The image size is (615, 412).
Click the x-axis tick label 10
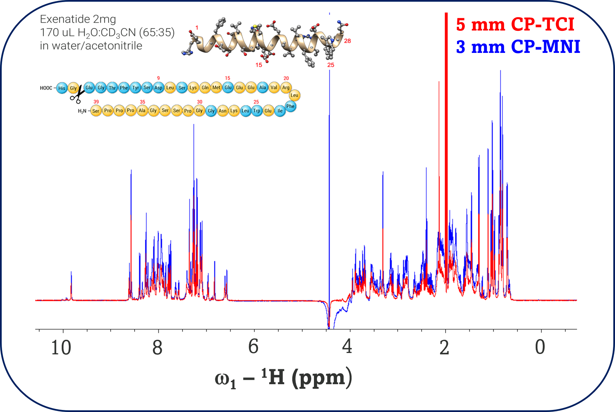click(61, 348)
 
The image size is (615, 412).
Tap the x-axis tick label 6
click(253, 347)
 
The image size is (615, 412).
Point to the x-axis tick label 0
click(540, 347)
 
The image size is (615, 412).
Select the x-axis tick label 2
click(444, 348)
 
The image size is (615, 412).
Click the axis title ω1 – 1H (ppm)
click(283, 378)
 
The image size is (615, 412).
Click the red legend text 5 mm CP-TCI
click(515, 25)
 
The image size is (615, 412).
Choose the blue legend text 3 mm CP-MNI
click(518, 47)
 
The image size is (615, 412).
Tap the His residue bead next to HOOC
click(62, 88)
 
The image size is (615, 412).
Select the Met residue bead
click(216, 88)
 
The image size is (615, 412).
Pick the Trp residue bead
click(257, 111)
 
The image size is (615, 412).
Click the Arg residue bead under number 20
click(286, 88)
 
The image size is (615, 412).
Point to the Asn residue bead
click(222, 111)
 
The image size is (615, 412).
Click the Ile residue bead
click(280, 111)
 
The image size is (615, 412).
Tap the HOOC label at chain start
click(46, 88)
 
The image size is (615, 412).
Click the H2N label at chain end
click(82, 111)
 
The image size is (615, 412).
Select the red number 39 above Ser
click(96, 102)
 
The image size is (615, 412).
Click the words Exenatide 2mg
click(78, 19)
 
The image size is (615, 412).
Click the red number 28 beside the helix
click(348, 41)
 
